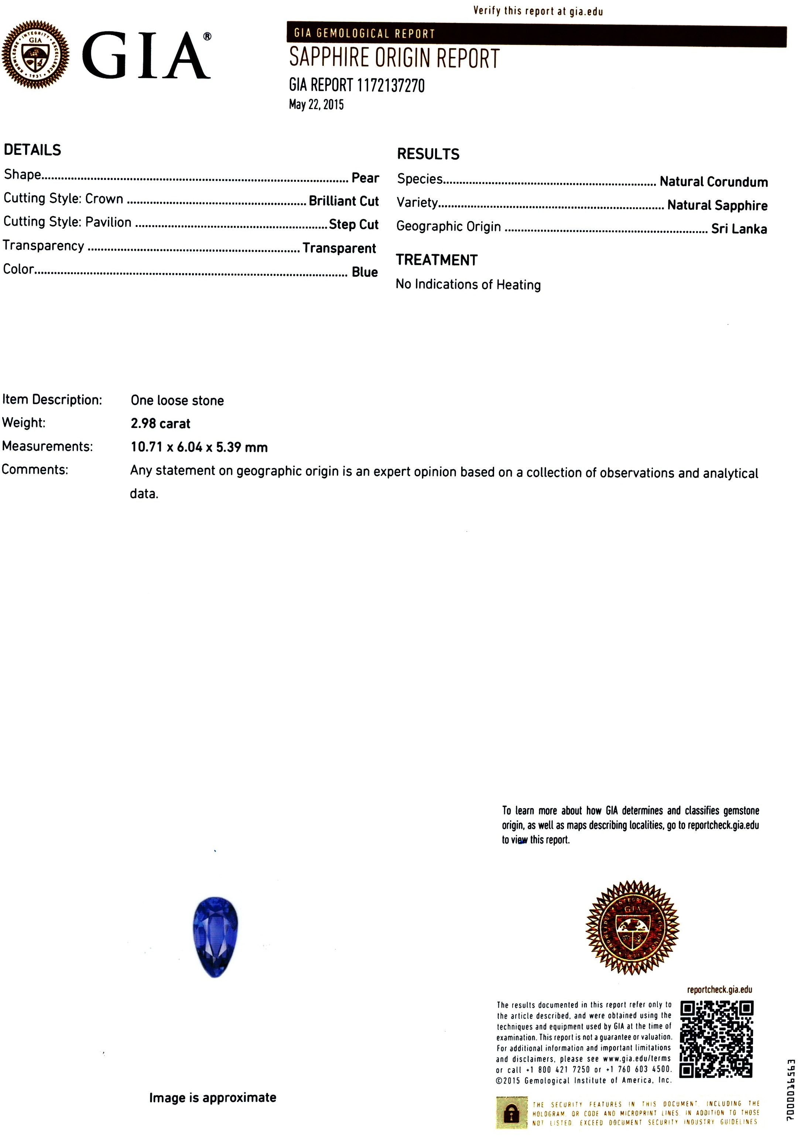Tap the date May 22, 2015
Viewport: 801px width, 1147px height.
pos(316,105)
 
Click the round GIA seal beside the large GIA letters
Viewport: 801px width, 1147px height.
pos(35,54)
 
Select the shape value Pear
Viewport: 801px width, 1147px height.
pos(365,178)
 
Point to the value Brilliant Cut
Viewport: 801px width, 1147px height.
pos(343,201)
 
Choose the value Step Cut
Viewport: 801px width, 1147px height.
pos(353,224)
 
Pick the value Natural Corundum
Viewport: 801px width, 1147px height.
pos(713,181)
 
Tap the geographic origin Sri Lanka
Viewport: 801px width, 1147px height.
pos(739,229)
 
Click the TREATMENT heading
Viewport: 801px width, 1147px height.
pos(437,260)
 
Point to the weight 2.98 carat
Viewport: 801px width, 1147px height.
pos(160,423)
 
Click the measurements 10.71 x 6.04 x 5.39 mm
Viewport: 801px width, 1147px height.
pos(199,447)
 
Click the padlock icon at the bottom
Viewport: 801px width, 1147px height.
pos(511,1113)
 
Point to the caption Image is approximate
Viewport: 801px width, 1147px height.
pos(212,1097)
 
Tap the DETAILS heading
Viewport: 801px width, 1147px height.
pos(32,150)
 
